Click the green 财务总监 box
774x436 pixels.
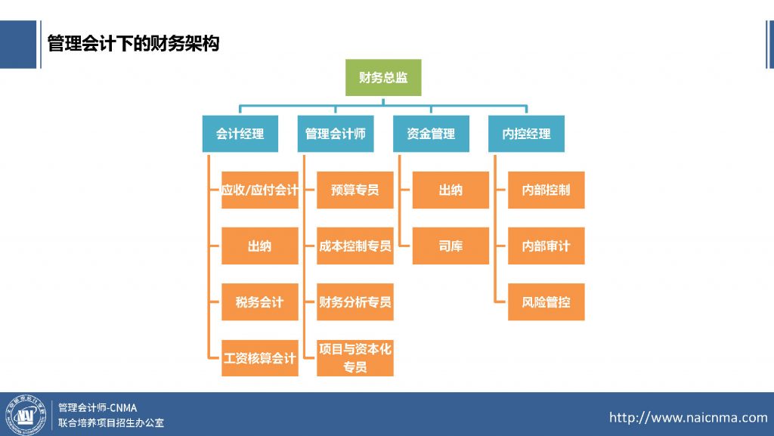tap(383, 78)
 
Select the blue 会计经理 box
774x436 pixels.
tap(240, 134)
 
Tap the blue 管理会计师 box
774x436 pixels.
tap(335, 134)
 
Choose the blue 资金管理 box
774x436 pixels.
tap(431, 134)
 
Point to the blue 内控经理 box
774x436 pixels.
tap(526, 134)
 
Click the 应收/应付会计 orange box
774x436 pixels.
tap(260, 190)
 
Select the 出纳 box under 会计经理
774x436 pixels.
tap(260, 246)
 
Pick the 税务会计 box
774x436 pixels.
tap(260, 302)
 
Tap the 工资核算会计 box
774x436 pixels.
tap(260, 357)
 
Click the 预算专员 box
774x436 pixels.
tap(355, 190)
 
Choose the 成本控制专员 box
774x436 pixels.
tap(355, 246)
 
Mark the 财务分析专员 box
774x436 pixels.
tap(355, 302)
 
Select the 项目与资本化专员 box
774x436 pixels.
tap(355, 357)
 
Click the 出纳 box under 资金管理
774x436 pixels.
tap(450, 190)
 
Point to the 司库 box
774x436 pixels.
tap(450, 246)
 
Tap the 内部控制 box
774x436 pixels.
tap(546, 190)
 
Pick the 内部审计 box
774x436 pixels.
tap(546, 246)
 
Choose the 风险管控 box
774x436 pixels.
tap(546, 302)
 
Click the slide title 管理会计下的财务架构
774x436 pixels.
tap(133, 44)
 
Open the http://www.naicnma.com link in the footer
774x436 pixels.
tap(688, 417)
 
